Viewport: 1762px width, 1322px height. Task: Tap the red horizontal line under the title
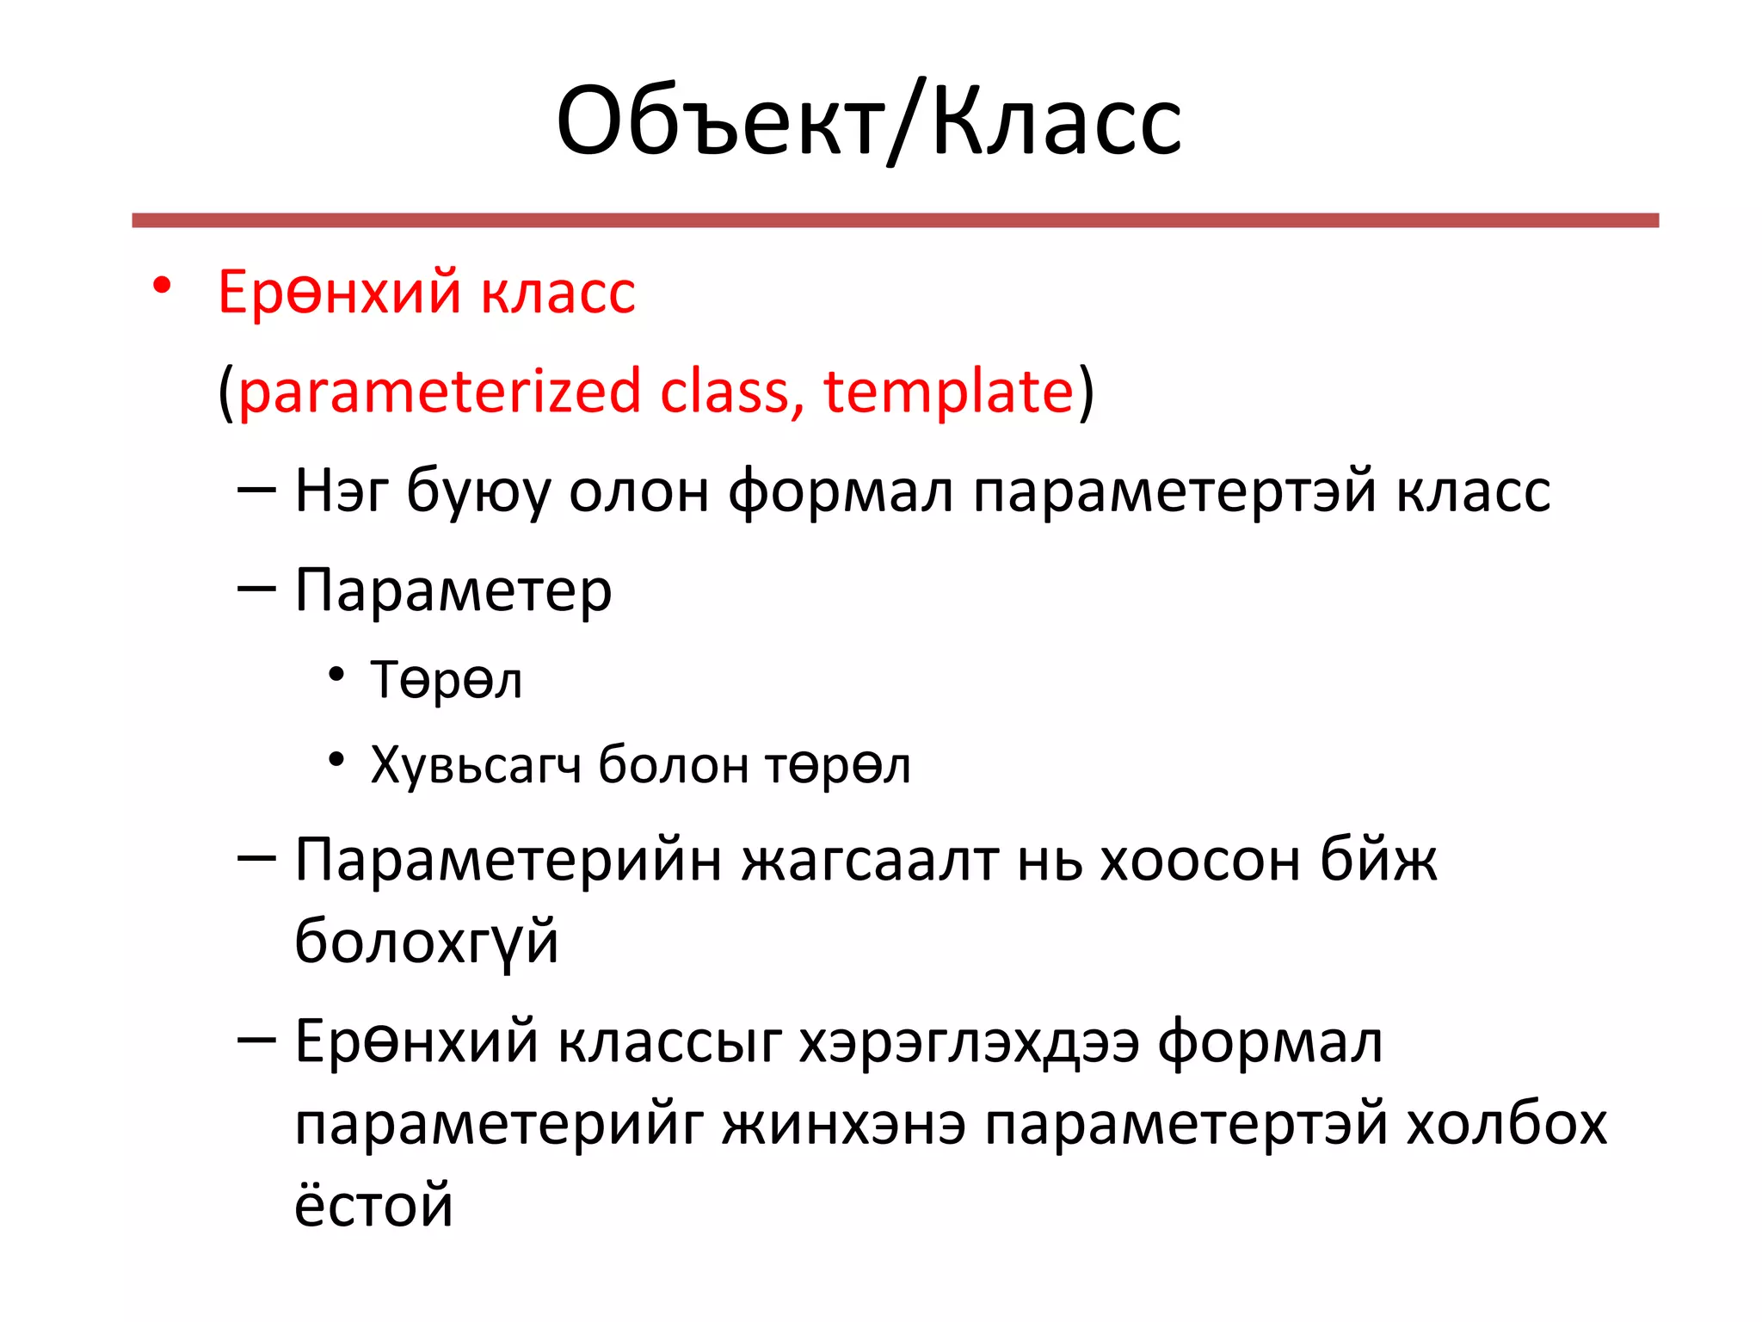895,220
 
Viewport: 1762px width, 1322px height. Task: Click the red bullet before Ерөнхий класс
162,285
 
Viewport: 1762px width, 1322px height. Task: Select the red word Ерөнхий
340,292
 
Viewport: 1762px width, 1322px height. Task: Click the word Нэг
342,491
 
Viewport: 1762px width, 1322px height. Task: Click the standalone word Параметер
453,591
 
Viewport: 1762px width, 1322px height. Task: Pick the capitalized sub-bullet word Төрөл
446,680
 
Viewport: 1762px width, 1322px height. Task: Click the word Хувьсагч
475,764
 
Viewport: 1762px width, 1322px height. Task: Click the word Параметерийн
508,861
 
